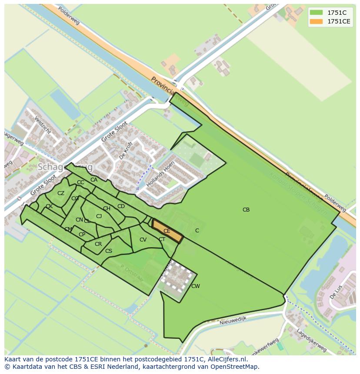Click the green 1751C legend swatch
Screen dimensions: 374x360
pyautogui.click(x=316, y=13)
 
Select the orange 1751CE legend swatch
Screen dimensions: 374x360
pyautogui.click(x=316, y=21)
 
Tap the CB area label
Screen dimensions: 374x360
pyautogui.click(x=246, y=210)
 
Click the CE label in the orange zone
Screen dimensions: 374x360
pyautogui.click(x=167, y=231)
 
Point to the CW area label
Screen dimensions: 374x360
pyautogui.click(x=196, y=286)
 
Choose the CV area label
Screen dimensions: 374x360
pyautogui.click(x=143, y=240)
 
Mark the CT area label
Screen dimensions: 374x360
pyautogui.click(x=162, y=239)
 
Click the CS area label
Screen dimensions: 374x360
pyautogui.click(x=109, y=251)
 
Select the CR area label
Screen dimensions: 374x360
pyautogui.click(x=98, y=244)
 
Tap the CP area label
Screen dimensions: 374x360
pyautogui.click(x=82, y=235)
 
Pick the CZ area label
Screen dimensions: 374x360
pyautogui.click(x=61, y=193)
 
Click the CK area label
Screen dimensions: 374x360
pyautogui.click(x=49, y=206)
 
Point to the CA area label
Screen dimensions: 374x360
pyautogui.click(x=94, y=180)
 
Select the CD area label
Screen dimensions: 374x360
pyautogui.click(x=121, y=206)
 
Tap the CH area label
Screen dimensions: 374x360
pyautogui.click(x=107, y=209)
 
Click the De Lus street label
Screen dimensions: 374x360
pyautogui.click(x=336, y=292)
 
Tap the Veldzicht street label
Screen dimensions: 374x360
pyautogui.click(x=43, y=126)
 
